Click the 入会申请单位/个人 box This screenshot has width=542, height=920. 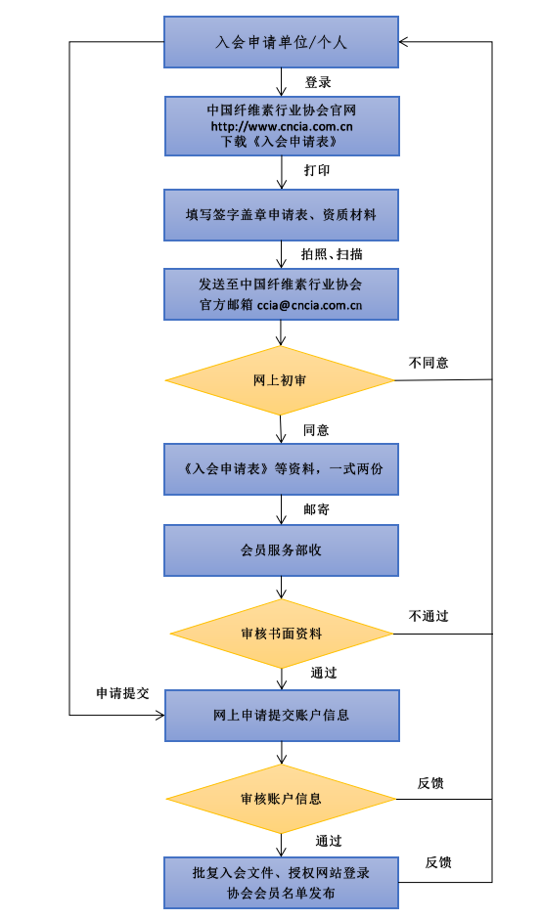(x=281, y=43)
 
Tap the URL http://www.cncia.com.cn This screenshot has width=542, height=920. (x=282, y=126)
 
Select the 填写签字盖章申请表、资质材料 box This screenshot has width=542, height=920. (x=282, y=213)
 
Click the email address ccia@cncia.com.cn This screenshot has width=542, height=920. (x=311, y=305)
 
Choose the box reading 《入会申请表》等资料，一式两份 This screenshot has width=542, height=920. (x=282, y=468)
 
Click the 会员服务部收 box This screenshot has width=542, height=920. (x=282, y=550)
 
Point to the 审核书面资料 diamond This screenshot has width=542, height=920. (x=281, y=634)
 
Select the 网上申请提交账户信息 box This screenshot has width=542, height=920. (x=282, y=716)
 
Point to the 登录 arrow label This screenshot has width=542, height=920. (x=318, y=82)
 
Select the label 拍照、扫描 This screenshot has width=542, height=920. (x=332, y=253)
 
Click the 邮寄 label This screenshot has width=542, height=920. (x=316, y=509)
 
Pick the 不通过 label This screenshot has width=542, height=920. (x=428, y=616)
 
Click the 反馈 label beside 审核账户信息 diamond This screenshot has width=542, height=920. (x=431, y=782)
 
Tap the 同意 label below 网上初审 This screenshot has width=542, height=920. (x=316, y=429)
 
